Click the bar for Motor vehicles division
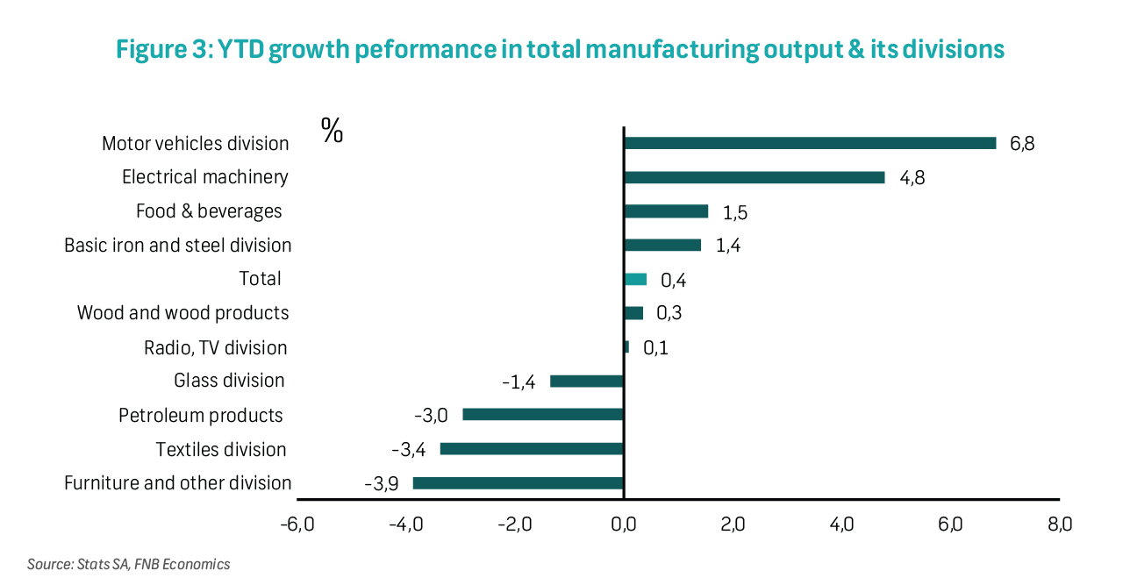809,143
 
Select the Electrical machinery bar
754,177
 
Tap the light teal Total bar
635,279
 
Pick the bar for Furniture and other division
518,482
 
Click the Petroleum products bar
542,414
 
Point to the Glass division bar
586,381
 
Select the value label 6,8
1022,144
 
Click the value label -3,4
409,450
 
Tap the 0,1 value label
655,348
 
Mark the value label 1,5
734,212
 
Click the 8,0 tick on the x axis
1059,524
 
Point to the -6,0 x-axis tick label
297,524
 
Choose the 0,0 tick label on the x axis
623,524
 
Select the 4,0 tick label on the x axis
841,524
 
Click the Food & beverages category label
209,211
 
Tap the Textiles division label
221,449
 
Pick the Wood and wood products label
182,312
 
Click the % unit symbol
333,131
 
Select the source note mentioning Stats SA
128,564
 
